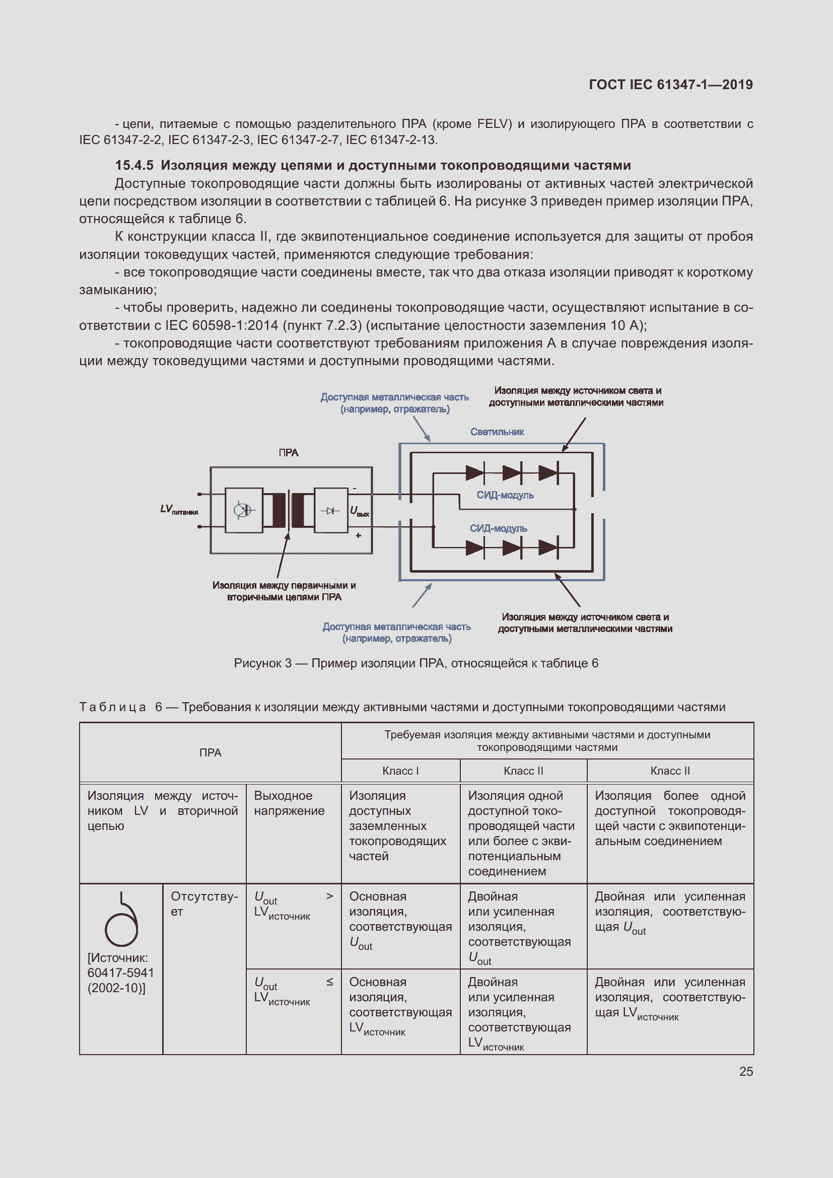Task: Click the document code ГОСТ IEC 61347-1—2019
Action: point(670,85)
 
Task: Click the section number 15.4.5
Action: point(134,165)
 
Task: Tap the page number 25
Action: point(746,1071)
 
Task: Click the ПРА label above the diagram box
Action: point(288,453)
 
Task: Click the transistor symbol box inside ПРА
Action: point(244,510)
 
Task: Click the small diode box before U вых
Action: point(331,511)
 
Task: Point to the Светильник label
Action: point(497,432)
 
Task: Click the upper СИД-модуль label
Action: point(505,495)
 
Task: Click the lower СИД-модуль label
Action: point(498,528)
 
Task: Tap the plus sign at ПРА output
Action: point(358,535)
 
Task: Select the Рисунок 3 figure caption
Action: point(416,663)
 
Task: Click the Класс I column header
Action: point(400,771)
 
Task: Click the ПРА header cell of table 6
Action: point(210,752)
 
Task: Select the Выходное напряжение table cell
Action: point(289,803)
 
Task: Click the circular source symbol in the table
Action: point(121,921)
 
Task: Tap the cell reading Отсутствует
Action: point(203,904)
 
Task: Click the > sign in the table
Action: point(329,896)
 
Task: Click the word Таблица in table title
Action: point(113,707)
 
